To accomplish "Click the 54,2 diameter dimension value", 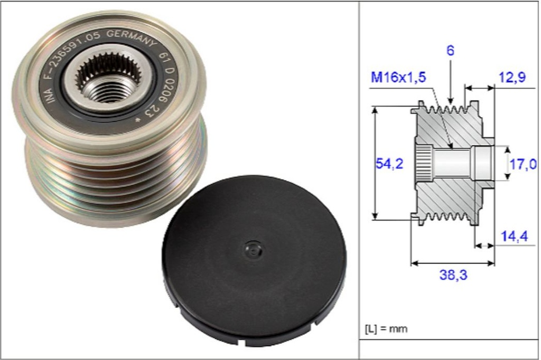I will coord(389,164).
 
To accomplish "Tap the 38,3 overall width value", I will coord(453,274).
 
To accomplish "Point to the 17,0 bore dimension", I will coord(523,165).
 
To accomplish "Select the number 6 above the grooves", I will coord(450,51).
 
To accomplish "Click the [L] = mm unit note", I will coord(386,328).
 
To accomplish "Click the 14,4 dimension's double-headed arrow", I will coord(484,245).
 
